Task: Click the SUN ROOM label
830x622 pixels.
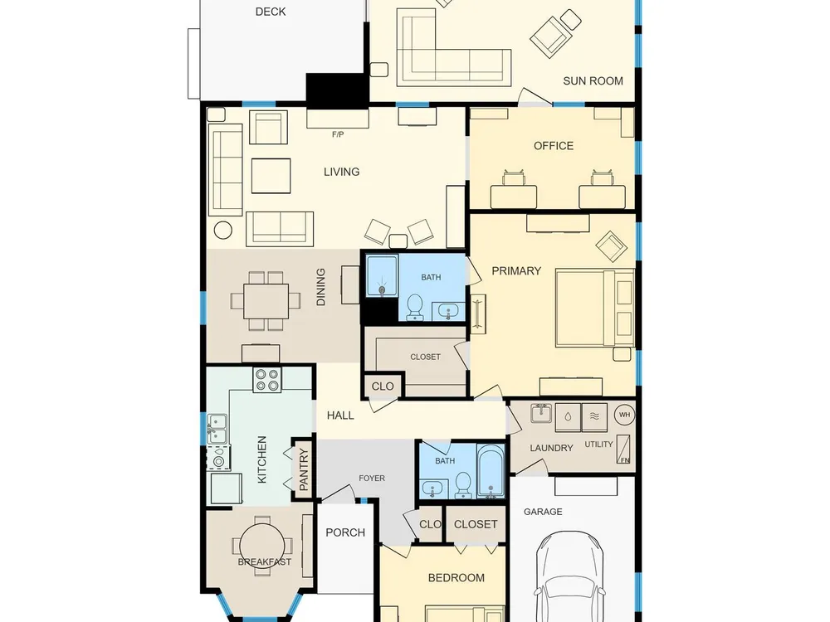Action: pos(593,81)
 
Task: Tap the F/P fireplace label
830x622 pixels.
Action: pos(338,134)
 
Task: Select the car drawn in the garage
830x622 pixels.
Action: pos(570,576)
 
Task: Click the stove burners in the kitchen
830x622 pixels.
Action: pos(266,380)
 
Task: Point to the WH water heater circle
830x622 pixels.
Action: pos(625,415)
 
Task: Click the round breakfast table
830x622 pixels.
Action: pos(262,546)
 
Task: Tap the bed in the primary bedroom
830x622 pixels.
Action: pos(595,308)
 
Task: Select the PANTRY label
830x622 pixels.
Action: pos(303,469)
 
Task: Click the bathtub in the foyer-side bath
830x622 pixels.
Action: pos(491,471)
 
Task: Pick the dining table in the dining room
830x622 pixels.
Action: pos(266,301)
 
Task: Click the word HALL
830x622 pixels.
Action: pos(340,415)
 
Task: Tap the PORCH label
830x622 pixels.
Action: pos(345,532)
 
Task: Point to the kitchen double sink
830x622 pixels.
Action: pos(217,429)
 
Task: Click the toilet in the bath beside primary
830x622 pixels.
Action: pos(414,308)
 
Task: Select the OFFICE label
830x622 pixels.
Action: pos(554,146)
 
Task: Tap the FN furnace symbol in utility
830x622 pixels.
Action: pos(623,449)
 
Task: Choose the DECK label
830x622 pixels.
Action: pos(271,12)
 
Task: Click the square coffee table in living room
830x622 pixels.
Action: pos(271,176)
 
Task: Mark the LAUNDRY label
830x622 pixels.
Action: pos(552,448)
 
